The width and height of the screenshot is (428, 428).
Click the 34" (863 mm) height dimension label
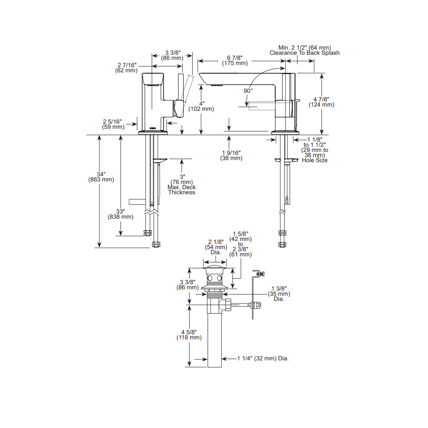point(101,177)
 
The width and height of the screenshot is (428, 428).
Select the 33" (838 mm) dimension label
point(120,214)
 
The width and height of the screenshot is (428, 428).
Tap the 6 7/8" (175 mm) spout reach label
point(235,60)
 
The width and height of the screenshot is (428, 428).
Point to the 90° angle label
point(248,91)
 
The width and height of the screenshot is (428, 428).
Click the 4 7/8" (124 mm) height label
point(321,102)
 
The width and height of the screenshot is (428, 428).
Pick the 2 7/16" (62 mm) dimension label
point(126,68)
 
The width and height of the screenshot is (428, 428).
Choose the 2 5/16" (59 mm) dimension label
point(113,124)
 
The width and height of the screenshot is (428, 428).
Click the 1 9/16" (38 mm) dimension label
point(231,155)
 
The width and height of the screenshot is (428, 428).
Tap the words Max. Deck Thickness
point(181,190)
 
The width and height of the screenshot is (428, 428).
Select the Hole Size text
point(315,160)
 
